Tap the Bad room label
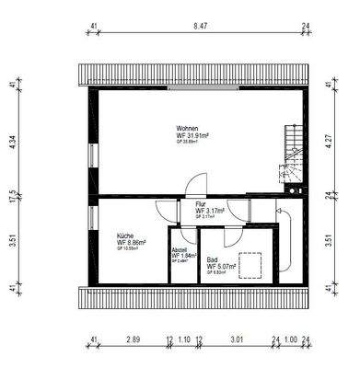[212, 259]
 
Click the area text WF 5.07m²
[222, 267]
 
